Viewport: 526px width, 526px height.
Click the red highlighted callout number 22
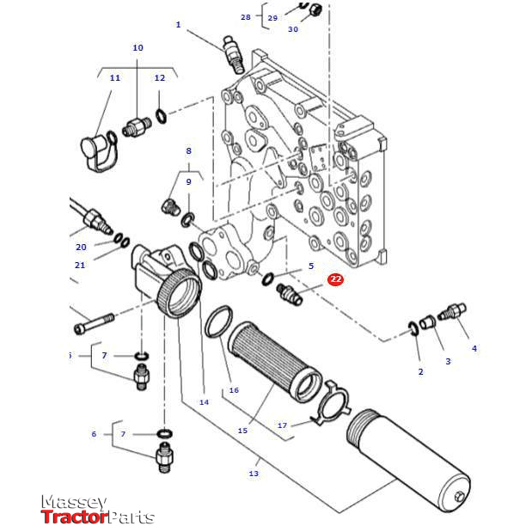pos(335,279)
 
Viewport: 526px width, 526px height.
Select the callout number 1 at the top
pos(178,25)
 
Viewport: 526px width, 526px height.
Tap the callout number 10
pos(138,48)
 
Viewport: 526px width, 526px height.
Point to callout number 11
pos(114,78)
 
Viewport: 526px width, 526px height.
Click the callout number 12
pos(159,78)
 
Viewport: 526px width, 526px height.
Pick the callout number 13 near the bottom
pos(254,474)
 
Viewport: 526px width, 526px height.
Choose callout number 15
pos(242,430)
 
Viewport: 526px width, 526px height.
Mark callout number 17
pos(283,425)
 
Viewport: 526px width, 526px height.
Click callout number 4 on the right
pos(474,348)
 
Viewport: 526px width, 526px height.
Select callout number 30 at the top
pos(293,29)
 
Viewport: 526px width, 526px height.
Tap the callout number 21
pos(80,265)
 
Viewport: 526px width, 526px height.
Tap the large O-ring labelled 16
pos(218,321)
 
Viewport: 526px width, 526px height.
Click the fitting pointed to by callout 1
pos(231,55)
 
